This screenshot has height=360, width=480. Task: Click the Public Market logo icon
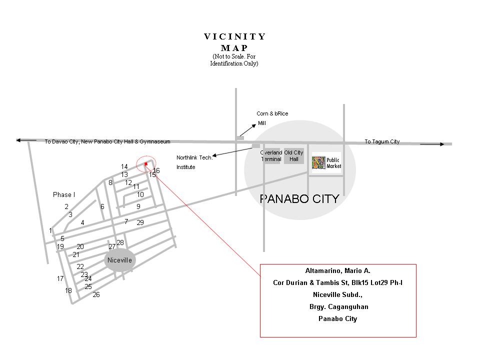pos(318,163)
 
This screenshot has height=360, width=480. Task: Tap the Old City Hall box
pos(293,156)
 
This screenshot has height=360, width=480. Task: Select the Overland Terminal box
pos(271,155)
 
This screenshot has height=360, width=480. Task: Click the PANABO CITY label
pos(299,199)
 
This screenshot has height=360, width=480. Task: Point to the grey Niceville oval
pos(119,260)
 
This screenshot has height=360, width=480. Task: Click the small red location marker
pos(145,163)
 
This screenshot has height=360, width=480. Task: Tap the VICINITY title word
pos(235,36)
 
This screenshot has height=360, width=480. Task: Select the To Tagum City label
pos(381,141)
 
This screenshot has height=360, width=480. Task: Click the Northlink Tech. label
pos(194,157)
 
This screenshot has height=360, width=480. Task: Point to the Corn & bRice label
pos(272,113)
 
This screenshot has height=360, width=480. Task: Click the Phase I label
pos(63,194)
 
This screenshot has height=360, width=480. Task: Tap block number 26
pos(96,294)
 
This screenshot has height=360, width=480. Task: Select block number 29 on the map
pos(140,222)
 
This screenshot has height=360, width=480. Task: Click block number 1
pos(50,230)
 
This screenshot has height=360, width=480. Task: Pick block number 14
pos(124,166)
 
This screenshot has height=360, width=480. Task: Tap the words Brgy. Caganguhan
pos(338,306)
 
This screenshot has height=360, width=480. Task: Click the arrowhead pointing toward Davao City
pos(19,140)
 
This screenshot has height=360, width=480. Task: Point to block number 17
pos(60,278)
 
